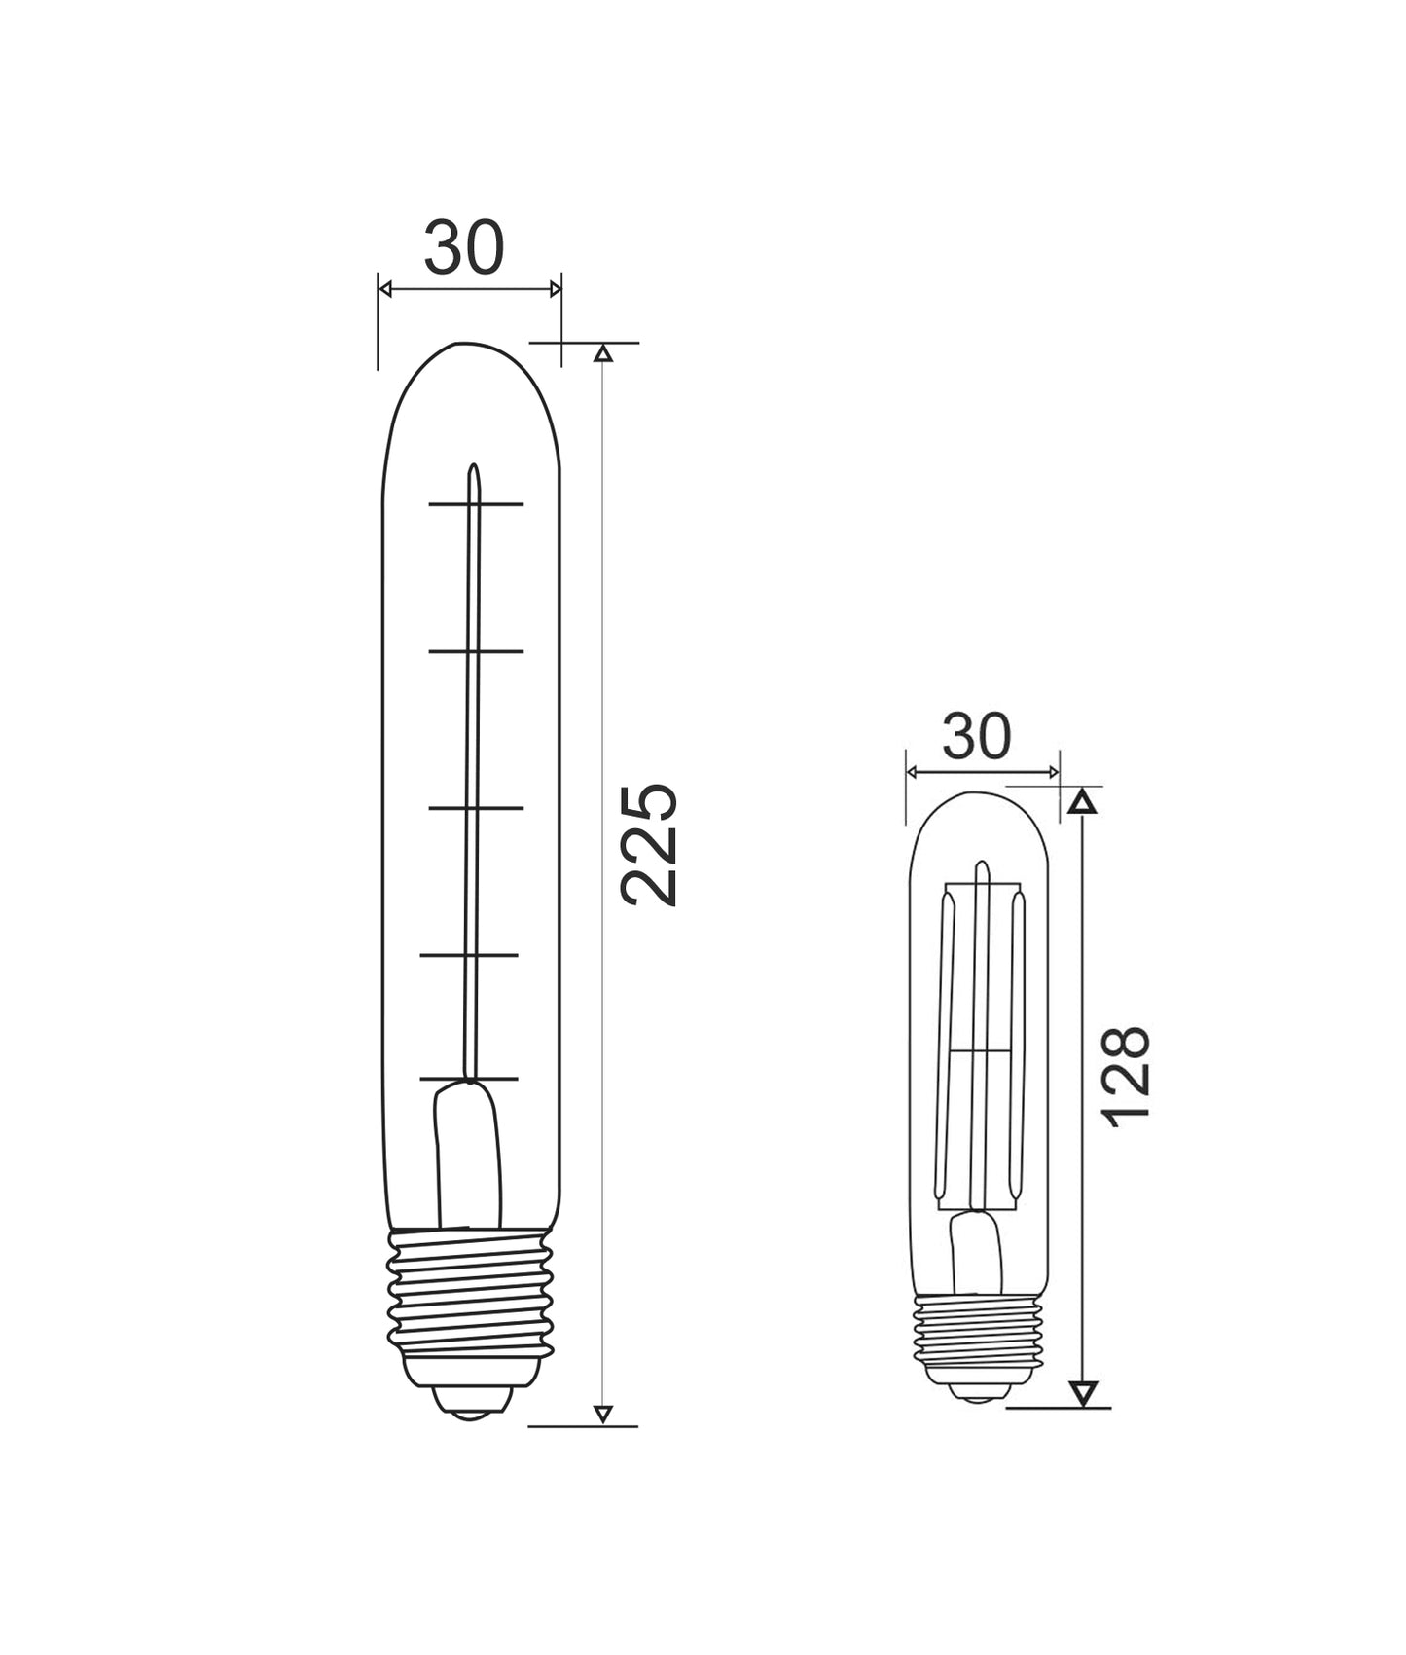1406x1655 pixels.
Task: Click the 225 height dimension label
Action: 649,844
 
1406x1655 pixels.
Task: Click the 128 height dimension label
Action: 1129,1075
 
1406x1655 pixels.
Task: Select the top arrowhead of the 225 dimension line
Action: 603,353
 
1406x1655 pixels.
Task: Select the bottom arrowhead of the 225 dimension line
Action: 603,1415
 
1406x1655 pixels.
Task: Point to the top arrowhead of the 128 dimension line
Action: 1083,802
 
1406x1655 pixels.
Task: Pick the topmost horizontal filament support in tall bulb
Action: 476,504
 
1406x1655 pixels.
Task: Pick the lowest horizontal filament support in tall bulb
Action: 469,1079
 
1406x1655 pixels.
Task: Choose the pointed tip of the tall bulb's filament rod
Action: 474,469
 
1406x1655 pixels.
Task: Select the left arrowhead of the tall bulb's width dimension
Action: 384,289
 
